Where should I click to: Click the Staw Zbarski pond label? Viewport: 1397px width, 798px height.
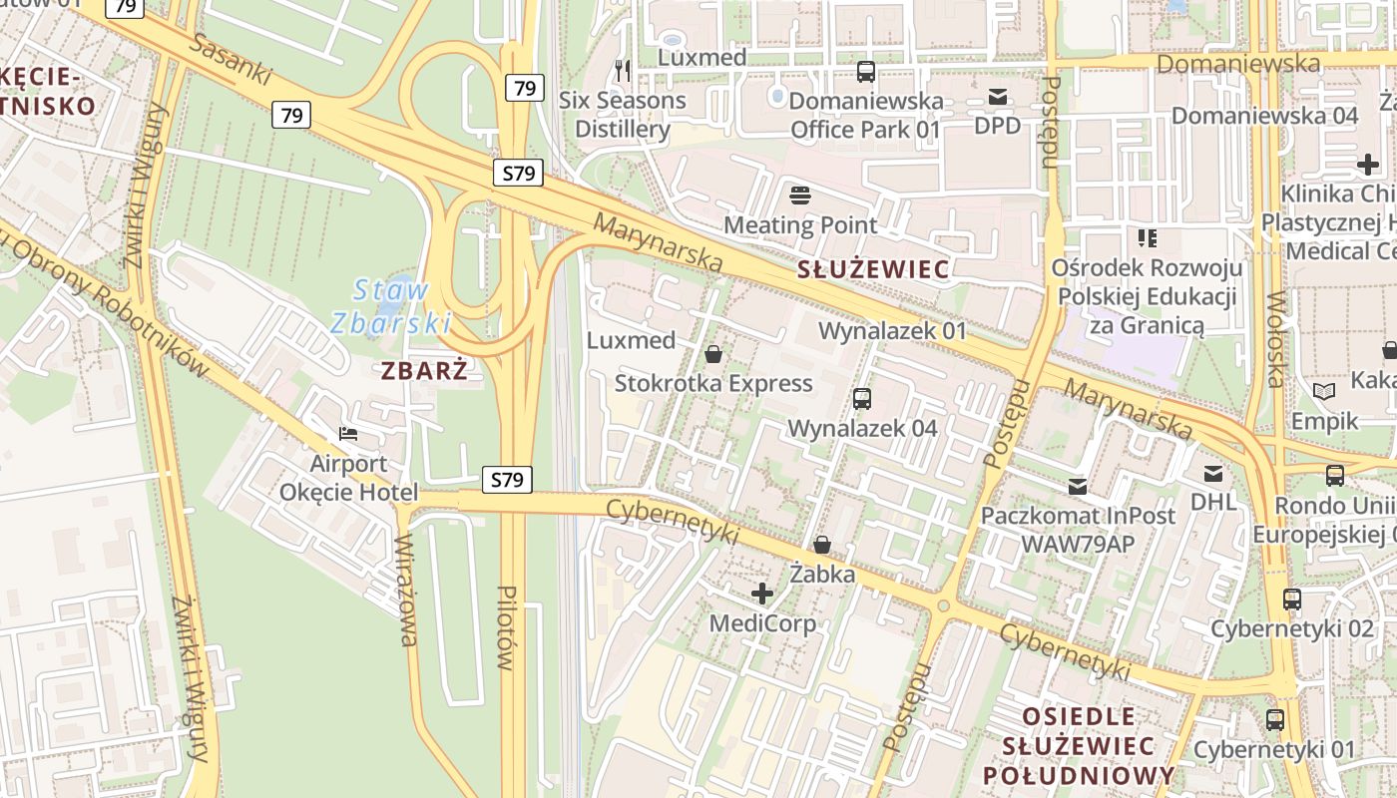click(x=391, y=306)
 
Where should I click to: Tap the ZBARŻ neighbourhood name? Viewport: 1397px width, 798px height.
click(x=424, y=371)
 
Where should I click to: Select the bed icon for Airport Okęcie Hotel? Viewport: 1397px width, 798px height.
click(x=348, y=434)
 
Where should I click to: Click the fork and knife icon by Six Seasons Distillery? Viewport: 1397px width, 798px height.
click(x=623, y=70)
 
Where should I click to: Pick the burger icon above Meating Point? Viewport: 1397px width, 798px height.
click(x=800, y=194)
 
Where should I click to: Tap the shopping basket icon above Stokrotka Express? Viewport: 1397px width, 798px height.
click(x=713, y=354)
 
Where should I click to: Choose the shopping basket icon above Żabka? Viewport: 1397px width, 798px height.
click(x=822, y=545)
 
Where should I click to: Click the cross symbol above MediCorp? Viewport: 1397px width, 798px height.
click(x=762, y=595)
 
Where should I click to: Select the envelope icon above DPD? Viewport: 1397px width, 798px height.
click(x=998, y=97)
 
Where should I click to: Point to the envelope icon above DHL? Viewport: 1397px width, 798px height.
click(x=1213, y=473)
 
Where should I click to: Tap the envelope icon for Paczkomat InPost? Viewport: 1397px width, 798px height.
click(x=1078, y=487)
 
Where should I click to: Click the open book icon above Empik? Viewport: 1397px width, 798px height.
click(x=1324, y=392)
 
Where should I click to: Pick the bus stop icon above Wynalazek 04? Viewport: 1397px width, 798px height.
click(x=862, y=399)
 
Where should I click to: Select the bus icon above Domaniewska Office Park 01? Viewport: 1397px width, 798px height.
click(x=866, y=72)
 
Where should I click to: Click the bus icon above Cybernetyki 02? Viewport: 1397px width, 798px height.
click(x=1292, y=599)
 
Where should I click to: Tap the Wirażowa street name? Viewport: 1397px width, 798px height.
click(x=406, y=591)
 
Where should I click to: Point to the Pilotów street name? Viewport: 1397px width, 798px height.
click(x=506, y=626)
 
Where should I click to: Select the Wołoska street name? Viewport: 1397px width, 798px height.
click(x=1276, y=339)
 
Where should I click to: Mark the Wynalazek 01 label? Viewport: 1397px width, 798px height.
click(x=892, y=330)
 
